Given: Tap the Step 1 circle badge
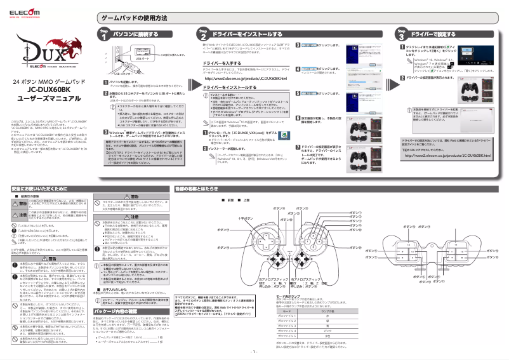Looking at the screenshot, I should [105, 35].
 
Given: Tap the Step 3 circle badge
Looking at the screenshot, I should [400, 35].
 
